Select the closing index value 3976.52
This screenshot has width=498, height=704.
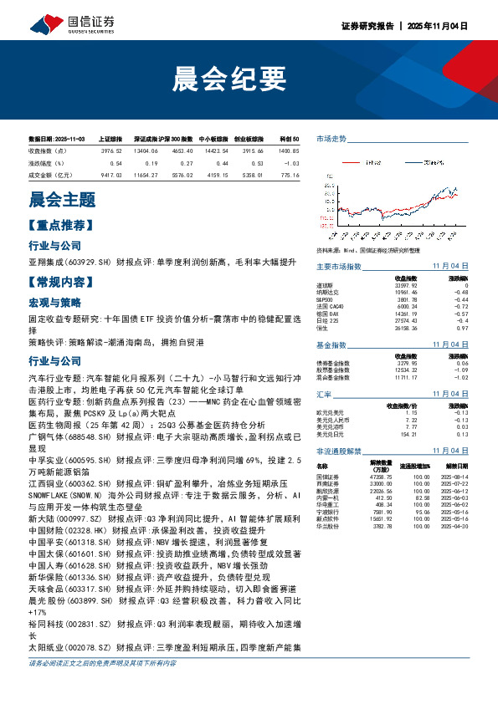(x=111, y=150)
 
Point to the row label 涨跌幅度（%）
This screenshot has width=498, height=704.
(x=46, y=162)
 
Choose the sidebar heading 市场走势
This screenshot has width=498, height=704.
(x=331, y=139)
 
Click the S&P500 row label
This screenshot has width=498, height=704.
(x=325, y=299)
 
